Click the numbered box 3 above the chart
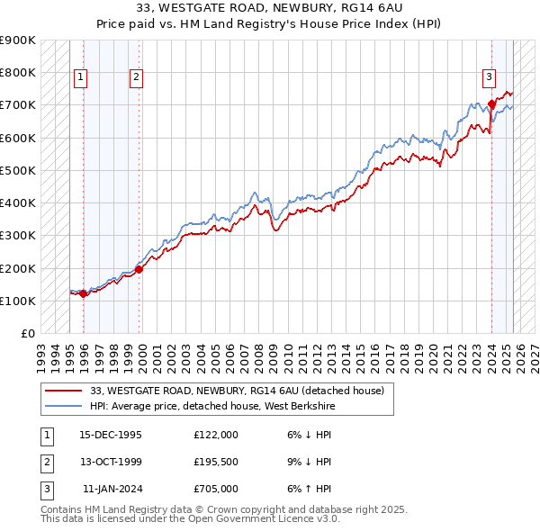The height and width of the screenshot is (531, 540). pos(489,77)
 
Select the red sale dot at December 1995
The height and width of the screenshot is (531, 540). pos(84,293)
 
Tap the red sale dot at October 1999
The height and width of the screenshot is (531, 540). pos(139,269)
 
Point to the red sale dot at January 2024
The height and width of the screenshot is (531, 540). pos(492,103)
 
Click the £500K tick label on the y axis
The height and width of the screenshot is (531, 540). pos(18,170)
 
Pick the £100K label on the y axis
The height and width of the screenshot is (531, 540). pos(18,301)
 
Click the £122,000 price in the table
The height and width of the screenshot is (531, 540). pos(216,435)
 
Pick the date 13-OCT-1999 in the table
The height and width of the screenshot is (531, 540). pos(111,462)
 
